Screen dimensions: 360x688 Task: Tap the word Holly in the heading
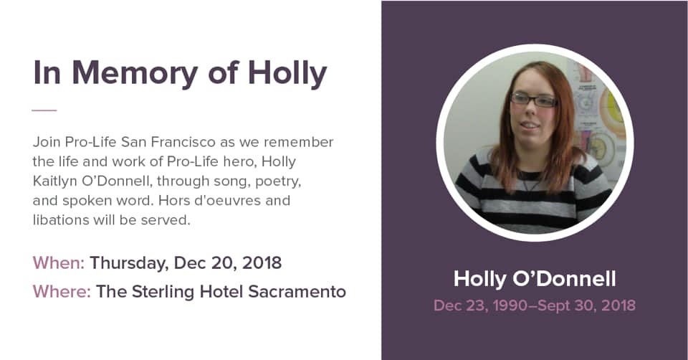[x=287, y=73]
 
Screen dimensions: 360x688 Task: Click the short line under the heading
[x=44, y=110]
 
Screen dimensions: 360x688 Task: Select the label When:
[x=58, y=262]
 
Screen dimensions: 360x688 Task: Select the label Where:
[x=62, y=292]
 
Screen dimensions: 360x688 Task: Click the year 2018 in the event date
[x=262, y=262]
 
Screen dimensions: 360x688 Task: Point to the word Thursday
[x=126, y=262]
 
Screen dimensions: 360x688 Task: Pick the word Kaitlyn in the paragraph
[x=58, y=181]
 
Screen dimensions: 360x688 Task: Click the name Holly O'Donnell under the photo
[x=534, y=279]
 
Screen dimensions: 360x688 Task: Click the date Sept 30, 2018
[x=588, y=305]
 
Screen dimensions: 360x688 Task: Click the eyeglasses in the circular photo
[x=533, y=100]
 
